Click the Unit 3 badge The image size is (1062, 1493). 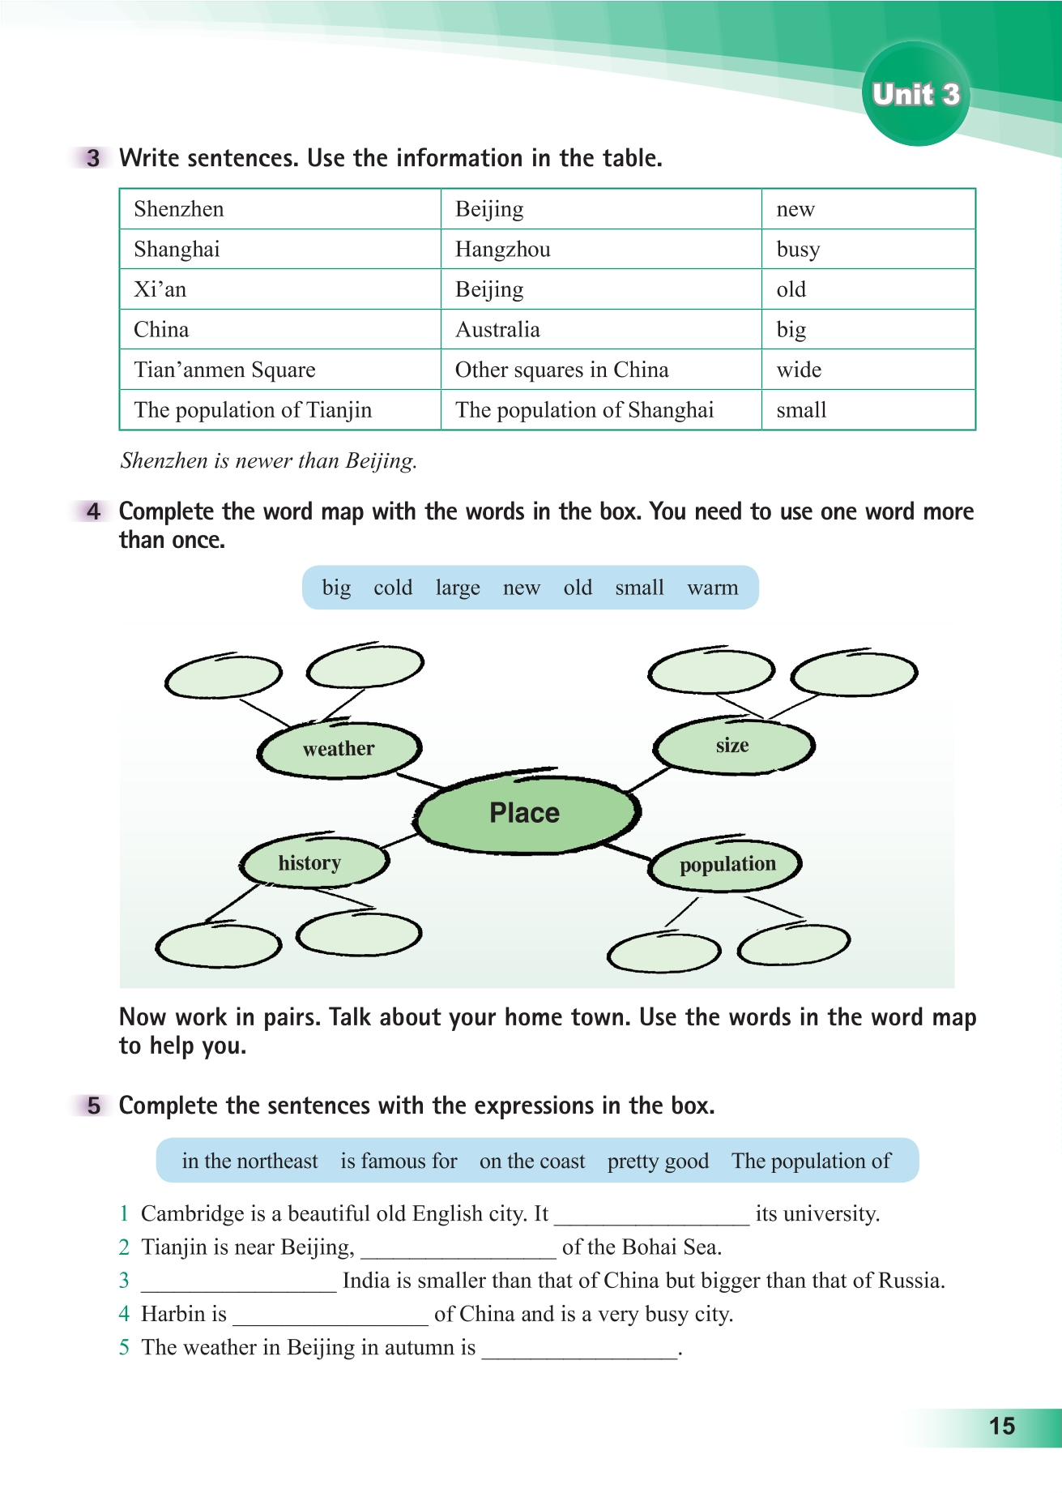(x=915, y=95)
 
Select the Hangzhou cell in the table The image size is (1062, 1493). (x=502, y=249)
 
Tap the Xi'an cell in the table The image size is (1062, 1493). (x=160, y=289)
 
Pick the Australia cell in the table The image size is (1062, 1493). (x=497, y=330)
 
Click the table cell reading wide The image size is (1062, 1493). (x=799, y=370)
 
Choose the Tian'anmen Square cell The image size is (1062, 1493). (x=224, y=370)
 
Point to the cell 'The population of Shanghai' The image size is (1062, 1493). (x=584, y=410)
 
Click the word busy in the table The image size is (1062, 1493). (x=798, y=249)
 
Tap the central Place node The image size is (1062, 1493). (x=525, y=812)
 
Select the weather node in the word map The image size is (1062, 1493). (x=339, y=749)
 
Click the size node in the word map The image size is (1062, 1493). (x=732, y=746)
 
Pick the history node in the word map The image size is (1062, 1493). (x=309, y=862)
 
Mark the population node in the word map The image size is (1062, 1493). (x=727, y=865)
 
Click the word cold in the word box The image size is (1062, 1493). (x=393, y=588)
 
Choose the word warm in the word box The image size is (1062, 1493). (x=713, y=588)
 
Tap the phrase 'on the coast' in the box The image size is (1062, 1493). (x=532, y=1161)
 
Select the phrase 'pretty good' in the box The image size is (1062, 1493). (x=658, y=1161)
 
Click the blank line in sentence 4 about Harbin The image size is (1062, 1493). (x=330, y=1315)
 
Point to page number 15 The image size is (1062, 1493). (x=1002, y=1427)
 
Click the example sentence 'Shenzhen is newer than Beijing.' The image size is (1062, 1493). (x=268, y=461)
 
